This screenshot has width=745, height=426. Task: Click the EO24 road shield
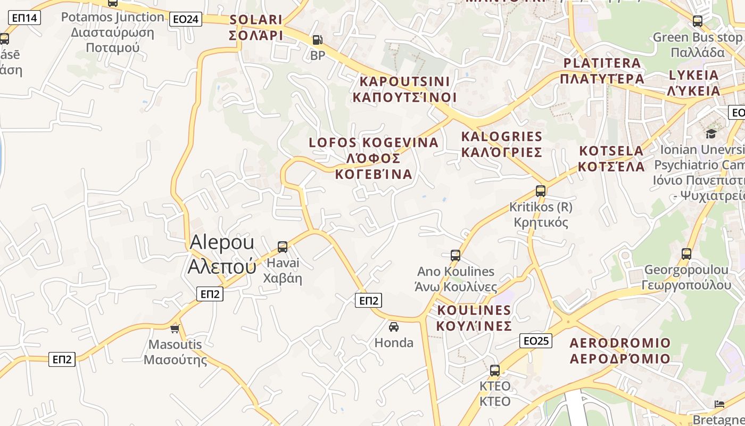point(186,20)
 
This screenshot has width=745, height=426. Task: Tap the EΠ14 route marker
point(24,18)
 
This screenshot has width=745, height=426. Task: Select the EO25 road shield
point(536,341)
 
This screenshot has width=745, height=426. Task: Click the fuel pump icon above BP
point(317,40)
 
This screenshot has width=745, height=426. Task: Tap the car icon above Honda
point(394,326)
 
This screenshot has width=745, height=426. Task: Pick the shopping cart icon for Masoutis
point(175,329)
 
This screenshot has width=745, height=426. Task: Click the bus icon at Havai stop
point(283,247)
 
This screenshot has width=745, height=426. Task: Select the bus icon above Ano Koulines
point(455,255)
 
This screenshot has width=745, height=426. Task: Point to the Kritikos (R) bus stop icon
point(541,191)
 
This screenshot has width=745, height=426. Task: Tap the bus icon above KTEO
point(495,370)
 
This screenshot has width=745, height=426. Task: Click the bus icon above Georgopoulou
point(686,253)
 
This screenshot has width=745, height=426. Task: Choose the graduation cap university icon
point(711,133)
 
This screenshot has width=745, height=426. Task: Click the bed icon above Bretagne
point(719,404)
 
